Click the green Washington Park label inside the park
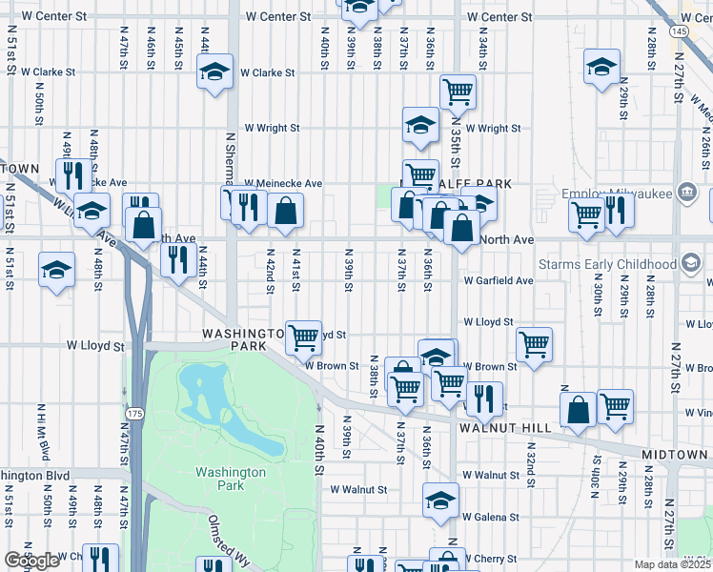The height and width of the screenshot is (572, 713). [230, 479]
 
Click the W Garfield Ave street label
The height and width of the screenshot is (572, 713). [498, 281]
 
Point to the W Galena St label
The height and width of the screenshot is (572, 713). [492, 517]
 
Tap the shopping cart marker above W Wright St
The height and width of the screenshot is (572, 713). [458, 92]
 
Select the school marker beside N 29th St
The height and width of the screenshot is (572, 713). [601, 67]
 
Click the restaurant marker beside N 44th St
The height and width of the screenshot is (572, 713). [178, 257]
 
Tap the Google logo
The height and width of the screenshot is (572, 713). [31, 562]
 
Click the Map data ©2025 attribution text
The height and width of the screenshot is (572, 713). [673, 564]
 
